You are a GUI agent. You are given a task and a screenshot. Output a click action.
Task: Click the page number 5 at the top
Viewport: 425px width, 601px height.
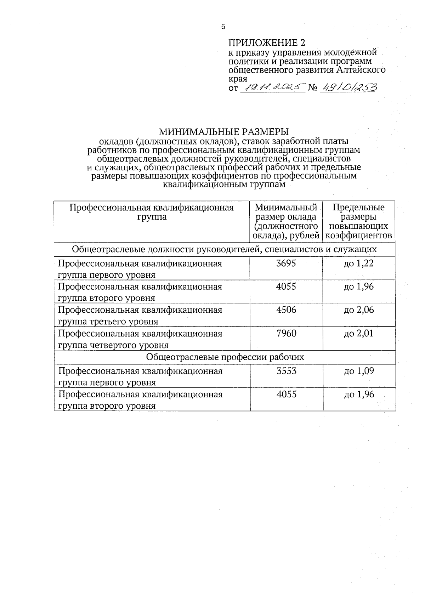tap(223, 27)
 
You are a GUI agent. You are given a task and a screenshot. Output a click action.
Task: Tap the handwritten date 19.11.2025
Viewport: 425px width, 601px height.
tap(272, 87)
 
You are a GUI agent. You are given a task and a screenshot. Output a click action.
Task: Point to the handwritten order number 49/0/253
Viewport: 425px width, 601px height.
tap(348, 87)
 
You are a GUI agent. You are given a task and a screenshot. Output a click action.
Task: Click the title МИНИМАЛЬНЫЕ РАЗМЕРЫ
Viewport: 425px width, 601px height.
tap(223, 132)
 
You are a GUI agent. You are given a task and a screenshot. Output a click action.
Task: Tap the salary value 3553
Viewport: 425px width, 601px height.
tap(286, 371)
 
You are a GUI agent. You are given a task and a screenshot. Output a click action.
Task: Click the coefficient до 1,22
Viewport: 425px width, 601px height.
tap(359, 263)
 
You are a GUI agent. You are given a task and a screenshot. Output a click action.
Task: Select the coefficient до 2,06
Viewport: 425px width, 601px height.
tap(359, 310)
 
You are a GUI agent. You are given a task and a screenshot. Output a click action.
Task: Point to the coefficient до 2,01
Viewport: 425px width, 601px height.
tap(359, 333)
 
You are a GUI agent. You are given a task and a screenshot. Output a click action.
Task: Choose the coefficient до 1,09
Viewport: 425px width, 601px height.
tap(359, 371)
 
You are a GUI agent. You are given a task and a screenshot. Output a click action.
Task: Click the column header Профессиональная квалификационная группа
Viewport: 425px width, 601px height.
tap(152, 212)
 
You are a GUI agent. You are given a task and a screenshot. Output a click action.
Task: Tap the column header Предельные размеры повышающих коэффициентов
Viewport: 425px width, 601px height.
tap(359, 221)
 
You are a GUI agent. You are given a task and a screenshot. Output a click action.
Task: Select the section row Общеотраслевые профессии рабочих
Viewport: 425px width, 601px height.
tap(225, 357)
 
